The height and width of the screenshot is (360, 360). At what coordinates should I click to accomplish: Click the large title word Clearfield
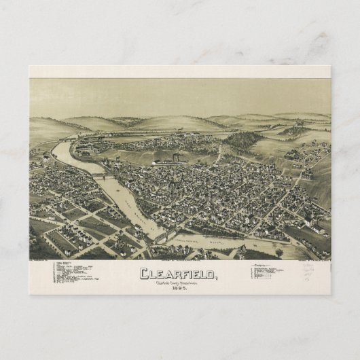pos(179,274)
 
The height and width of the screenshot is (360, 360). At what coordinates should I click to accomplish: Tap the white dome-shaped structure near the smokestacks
pos(158,162)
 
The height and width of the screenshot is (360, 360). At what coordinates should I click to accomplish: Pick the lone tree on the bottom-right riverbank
pos(279,253)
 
